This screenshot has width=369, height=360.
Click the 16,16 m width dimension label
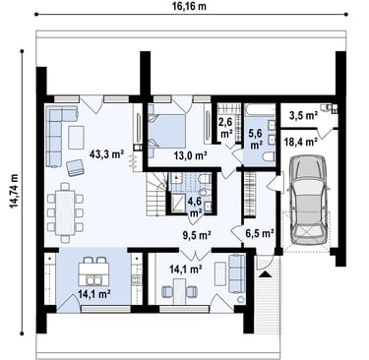[190, 6]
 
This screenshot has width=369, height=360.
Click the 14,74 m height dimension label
[15, 191]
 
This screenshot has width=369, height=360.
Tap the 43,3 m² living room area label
[107, 153]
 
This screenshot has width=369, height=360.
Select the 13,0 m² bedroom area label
[191, 155]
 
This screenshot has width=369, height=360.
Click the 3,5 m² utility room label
[303, 115]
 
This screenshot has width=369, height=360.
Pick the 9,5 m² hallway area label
[197, 235]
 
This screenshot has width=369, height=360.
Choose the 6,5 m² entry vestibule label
[260, 233]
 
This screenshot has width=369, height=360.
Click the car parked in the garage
[308, 200]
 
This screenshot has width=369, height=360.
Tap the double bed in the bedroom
[166, 131]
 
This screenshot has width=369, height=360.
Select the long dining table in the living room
[65, 212]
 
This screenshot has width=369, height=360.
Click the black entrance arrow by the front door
[265, 274]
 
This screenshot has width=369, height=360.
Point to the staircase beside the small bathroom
[156, 194]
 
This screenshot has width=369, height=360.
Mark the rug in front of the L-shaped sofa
[76, 138]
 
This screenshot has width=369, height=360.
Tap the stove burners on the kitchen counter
[137, 279]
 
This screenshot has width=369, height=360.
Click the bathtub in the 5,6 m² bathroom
[259, 110]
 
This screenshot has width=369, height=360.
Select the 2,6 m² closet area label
[226, 128]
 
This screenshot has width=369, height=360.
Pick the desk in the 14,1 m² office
[179, 291]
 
